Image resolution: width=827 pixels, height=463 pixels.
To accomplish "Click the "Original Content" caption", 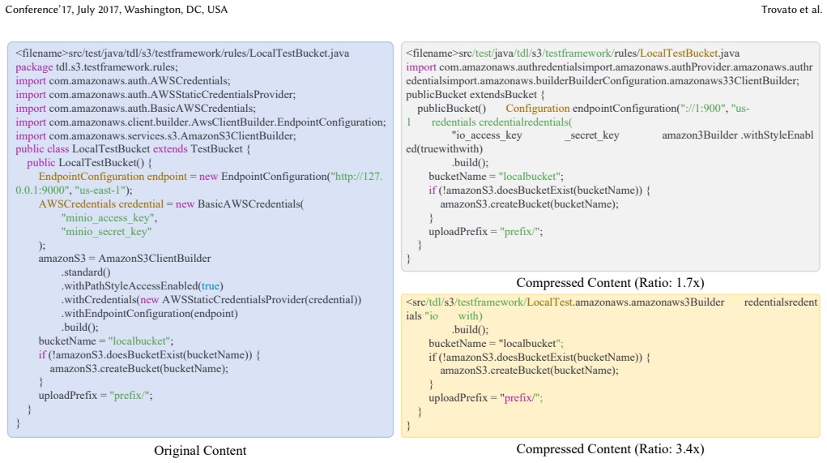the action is point(200,450).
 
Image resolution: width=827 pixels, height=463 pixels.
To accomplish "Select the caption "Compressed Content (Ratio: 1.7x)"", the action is point(610,282).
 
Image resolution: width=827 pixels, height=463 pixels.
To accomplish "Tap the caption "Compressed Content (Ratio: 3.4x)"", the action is point(610,448).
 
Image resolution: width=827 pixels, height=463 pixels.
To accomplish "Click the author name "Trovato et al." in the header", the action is point(791,10).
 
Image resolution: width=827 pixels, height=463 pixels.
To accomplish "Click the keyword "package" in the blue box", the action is point(34,67).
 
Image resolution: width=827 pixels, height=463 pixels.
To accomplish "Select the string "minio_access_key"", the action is point(109,217).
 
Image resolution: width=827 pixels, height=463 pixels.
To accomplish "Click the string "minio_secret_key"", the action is point(107,231).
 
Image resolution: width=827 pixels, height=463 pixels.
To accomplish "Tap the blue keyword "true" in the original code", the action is point(211,285).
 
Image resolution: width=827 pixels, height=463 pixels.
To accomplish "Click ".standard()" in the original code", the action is point(86,272).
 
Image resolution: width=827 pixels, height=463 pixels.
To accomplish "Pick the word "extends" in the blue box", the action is point(170,149).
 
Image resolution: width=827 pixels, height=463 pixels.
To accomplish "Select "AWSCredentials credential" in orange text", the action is point(101,204).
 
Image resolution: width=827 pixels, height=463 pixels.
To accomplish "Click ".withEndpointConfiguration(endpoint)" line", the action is point(150,313).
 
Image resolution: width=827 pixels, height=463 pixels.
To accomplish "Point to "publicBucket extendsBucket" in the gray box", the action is point(471,95).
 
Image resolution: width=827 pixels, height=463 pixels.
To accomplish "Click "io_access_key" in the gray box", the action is point(487,135).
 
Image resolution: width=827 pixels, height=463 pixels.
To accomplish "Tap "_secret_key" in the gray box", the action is point(592,135).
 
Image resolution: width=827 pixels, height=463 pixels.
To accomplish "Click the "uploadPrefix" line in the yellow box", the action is point(486,397).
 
